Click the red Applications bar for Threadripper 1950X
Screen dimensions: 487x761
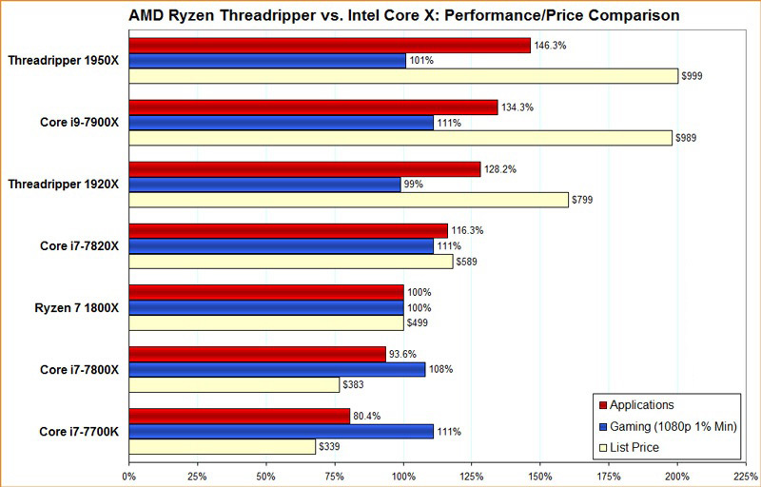[x=328, y=46]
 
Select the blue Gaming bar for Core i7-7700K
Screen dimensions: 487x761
[x=281, y=431]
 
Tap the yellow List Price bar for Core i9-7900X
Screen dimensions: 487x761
[x=400, y=138]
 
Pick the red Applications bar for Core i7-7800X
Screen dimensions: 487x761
[x=257, y=354]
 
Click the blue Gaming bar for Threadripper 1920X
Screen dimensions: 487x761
[x=264, y=185]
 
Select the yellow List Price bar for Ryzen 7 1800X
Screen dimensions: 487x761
[x=265, y=322]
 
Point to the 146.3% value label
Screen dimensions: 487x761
[x=548, y=45]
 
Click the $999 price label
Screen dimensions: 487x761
[x=693, y=76]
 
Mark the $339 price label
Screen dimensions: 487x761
[x=330, y=446]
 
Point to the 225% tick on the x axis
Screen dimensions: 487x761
[x=746, y=473]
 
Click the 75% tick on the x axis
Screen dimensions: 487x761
[x=334, y=473]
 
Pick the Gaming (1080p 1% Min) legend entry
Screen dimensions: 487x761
[x=666, y=425]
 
